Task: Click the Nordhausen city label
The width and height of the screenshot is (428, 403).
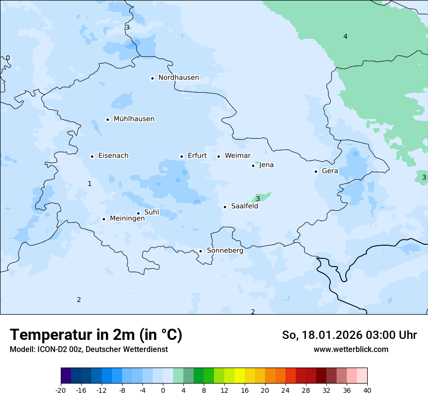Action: tap(178, 78)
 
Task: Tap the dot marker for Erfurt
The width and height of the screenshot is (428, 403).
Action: tap(181, 156)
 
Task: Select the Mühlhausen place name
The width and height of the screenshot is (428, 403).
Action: tap(134, 119)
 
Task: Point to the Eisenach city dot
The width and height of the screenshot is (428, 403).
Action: tap(92, 156)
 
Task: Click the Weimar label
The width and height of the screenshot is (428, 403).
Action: tap(237, 156)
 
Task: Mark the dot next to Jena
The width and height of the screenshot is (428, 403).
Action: tap(253, 166)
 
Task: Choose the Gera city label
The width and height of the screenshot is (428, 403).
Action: tap(330, 171)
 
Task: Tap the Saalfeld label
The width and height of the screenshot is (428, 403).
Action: tap(244, 206)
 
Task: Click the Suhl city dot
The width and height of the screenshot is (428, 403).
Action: tap(138, 213)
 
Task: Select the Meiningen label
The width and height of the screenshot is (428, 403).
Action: tap(127, 218)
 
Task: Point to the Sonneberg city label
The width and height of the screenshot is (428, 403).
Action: tap(225, 251)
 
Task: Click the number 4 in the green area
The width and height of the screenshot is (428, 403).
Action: tap(345, 36)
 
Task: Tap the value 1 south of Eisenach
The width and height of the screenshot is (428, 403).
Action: tap(89, 184)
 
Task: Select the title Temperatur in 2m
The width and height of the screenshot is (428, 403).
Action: tap(96, 335)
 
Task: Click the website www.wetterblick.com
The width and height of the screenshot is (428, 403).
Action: tap(351, 349)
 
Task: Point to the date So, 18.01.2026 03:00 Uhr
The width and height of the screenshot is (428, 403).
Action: tap(349, 335)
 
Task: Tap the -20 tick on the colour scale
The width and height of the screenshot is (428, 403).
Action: tap(61, 390)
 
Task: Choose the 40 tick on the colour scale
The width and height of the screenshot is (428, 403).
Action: tap(367, 390)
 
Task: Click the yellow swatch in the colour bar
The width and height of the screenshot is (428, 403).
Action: tap(239, 376)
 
